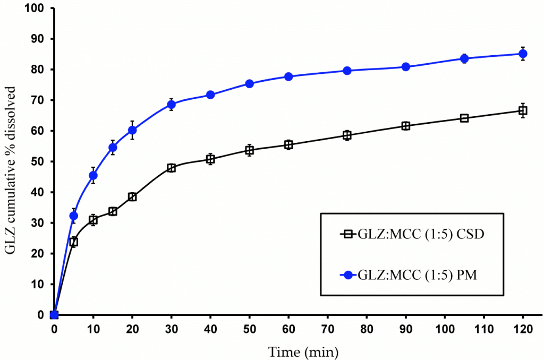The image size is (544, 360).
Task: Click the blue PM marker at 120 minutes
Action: click(x=523, y=54)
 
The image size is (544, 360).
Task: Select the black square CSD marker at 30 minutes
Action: click(x=171, y=168)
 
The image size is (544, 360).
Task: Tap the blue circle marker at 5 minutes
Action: click(x=73, y=216)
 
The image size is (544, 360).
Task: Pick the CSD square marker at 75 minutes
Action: click(x=347, y=135)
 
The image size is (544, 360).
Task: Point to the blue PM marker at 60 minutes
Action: click(x=288, y=76)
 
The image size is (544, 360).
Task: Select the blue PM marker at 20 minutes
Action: click(x=132, y=130)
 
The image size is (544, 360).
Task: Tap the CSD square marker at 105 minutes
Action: click(x=464, y=118)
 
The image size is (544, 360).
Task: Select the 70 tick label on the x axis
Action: click(x=327, y=330)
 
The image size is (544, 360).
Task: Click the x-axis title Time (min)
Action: click(x=303, y=351)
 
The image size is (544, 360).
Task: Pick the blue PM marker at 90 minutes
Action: click(x=406, y=67)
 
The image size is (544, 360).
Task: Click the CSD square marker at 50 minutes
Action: click(x=249, y=150)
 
